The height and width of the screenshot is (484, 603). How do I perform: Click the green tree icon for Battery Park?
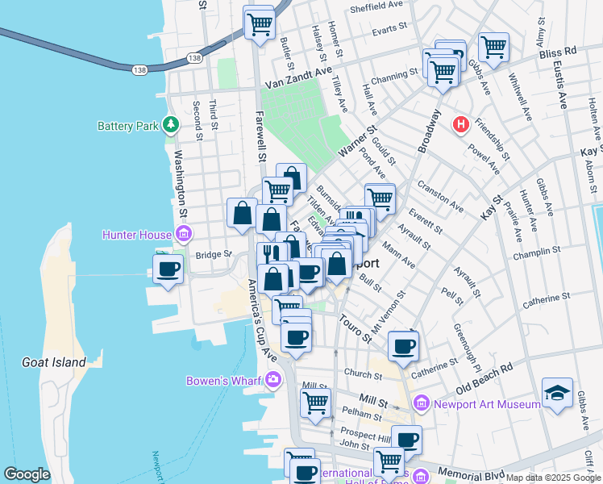(x=170, y=124)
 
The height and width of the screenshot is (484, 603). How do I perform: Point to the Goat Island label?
(x=55, y=362)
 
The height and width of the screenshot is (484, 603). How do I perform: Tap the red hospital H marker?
(x=460, y=124)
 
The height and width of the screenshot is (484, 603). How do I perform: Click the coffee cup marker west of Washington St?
(x=168, y=269)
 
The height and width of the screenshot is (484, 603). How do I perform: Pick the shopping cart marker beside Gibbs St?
(x=493, y=46)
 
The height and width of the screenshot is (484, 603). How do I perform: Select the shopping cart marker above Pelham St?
(x=315, y=401)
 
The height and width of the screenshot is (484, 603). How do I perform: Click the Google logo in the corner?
(x=27, y=474)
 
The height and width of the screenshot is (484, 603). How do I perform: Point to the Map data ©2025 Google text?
(x=553, y=478)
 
